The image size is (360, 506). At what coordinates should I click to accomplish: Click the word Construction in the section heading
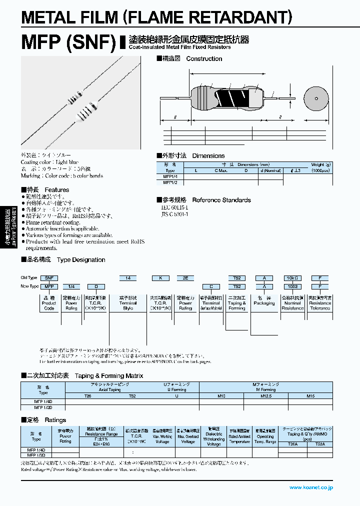pyautogui.click(x=204, y=59)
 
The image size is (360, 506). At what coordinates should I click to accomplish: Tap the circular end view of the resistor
pyautogui.click(x=316, y=98)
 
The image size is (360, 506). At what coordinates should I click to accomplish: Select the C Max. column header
pyautogui.click(x=221, y=170)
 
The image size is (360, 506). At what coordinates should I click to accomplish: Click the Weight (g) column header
pyautogui.click(x=320, y=164)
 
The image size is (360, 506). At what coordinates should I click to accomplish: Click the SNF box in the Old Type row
pyautogui.click(x=49, y=277)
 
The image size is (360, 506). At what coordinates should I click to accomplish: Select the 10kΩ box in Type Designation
pyautogui.click(x=292, y=277)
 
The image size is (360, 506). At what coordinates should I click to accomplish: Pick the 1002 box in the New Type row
pyautogui.click(x=292, y=286)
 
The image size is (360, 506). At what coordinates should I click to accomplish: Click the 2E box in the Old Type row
pyautogui.click(x=185, y=277)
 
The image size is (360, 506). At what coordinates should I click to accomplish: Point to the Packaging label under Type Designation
pyautogui.click(x=264, y=303)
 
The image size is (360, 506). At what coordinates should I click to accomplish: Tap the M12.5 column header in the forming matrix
pyautogui.click(x=266, y=395)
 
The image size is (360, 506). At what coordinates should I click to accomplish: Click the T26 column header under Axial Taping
pyautogui.click(x=87, y=395)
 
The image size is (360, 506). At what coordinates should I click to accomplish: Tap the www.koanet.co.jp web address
pyautogui.click(x=311, y=487)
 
